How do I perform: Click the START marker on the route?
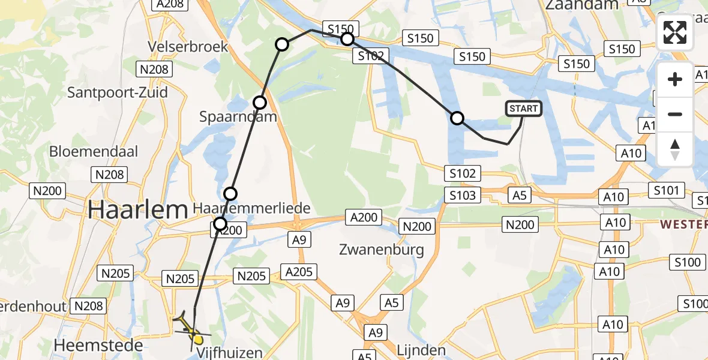pyautogui.click(x=524, y=109)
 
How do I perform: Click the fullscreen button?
pyautogui.click(x=675, y=32)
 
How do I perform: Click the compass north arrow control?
pyautogui.click(x=675, y=149)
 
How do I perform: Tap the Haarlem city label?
pyautogui.click(x=138, y=210)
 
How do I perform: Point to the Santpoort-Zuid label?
pyautogui.click(x=118, y=92)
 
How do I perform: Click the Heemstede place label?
pyautogui.click(x=98, y=345)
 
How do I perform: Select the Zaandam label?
pyautogui.click(x=581, y=5)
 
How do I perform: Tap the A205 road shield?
pyautogui.click(x=299, y=272)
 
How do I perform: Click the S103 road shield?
pyautogui.click(x=463, y=195)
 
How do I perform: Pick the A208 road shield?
pyautogui.click(x=169, y=4)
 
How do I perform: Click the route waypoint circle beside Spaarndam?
pyautogui.click(x=259, y=103)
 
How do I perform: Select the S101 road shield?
pyautogui.click(x=666, y=191)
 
